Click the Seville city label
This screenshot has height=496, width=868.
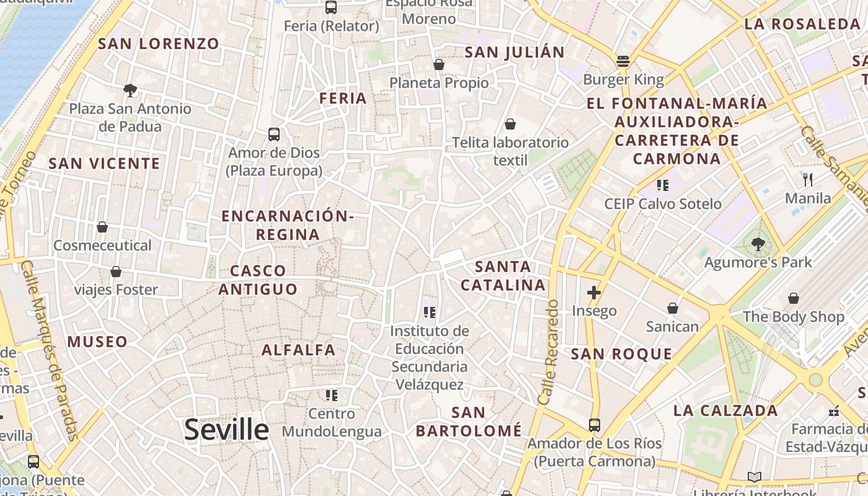(x=227, y=430)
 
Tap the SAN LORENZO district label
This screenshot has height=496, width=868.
(x=159, y=43)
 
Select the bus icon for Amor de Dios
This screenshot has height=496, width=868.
(x=273, y=134)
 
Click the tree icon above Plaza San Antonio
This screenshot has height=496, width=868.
(x=130, y=91)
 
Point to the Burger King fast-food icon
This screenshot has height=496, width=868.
(x=623, y=61)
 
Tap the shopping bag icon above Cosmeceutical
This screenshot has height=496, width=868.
(x=102, y=227)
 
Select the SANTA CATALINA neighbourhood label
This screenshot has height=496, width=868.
(x=503, y=276)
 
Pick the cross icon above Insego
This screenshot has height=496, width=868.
(x=594, y=292)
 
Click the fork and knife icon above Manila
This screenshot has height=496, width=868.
(x=807, y=180)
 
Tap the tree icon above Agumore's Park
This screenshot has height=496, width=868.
(x=758, y=244)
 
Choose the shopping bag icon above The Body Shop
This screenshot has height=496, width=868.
(x=794, y=298)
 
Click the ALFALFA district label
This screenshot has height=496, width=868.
(x=299, y=350)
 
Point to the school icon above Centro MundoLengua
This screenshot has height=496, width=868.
(x=332, y=395)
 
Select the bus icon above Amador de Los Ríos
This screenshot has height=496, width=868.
(x=595, y=425)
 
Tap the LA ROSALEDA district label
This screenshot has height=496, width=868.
(x=802, y=24)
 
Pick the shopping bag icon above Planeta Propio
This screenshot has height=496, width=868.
(x=439, y=64)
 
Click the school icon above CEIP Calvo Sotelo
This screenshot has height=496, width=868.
(x=663, y=185)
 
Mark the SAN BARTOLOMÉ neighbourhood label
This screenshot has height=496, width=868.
(x=469, y=421)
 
